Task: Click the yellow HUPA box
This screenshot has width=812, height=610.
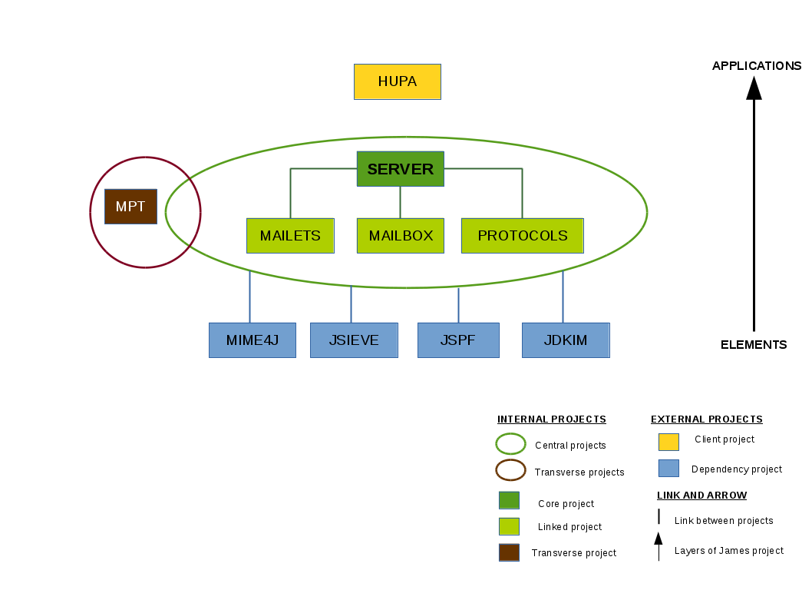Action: click(397, 81)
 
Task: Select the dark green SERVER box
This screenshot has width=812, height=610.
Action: click(400, 169)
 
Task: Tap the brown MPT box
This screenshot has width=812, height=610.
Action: click(130, 207)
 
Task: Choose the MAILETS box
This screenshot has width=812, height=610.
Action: click(290, 236)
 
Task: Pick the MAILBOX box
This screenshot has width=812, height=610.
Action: click(400, 236)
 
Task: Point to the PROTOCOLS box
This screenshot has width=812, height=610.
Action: click(522, 236)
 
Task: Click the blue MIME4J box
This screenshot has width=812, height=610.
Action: click(252, 340)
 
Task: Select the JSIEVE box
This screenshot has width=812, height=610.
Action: click(354, 340)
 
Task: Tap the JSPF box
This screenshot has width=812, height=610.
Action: click(458, 340)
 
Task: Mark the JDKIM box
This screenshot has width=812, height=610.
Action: click(566, 340)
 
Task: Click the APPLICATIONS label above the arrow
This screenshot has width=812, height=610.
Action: click(757, 66)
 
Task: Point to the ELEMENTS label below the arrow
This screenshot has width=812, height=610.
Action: click(754, 345)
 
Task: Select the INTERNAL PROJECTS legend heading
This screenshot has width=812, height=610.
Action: click(552, 419)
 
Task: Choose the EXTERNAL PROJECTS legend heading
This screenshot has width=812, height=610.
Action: click(707, 419)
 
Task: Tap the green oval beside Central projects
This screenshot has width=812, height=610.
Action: click(510, 444)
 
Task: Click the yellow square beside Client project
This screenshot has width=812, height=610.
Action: click(668, 442)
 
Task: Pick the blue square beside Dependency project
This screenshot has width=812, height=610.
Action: click(668, 468)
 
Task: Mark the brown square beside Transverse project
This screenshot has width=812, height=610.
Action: click(509, 552)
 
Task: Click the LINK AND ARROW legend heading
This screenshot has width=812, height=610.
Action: click(701, 496)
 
